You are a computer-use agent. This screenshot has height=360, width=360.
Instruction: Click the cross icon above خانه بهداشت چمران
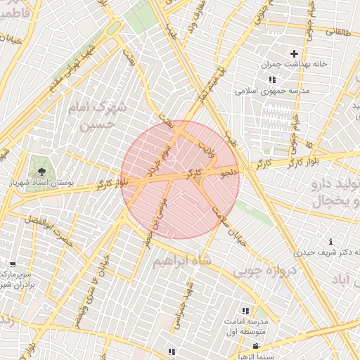pos(294,53)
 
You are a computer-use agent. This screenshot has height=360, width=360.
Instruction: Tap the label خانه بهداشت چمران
pos(295,64)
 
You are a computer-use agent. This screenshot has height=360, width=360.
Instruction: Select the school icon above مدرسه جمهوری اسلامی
pos(272,80)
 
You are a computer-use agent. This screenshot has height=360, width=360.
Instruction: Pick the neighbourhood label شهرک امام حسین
pos(99,117)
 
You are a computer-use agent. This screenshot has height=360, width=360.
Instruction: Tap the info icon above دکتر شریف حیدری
pos(331,242)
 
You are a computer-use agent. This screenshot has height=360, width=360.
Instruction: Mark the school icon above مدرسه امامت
pos(245,310)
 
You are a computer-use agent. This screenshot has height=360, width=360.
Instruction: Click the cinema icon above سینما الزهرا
pos(256,346)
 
